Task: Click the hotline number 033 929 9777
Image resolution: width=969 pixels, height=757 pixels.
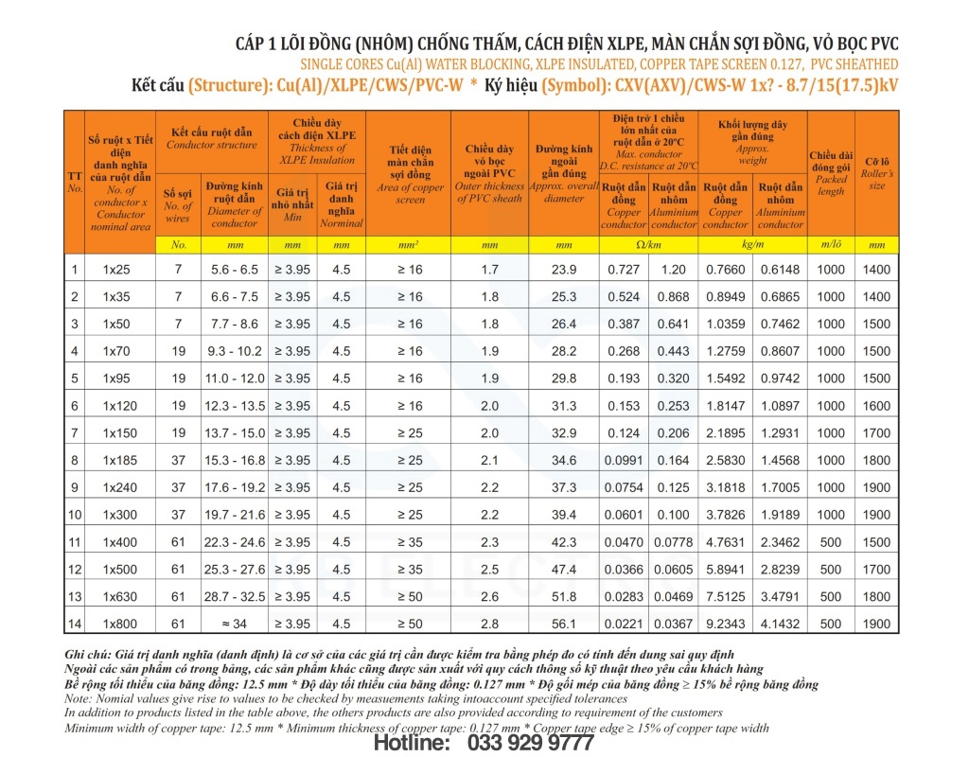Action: tap(530, 744)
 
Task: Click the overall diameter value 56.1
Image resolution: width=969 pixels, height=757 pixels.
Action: tap(564, 625)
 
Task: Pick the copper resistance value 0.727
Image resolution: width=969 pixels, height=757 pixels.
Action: tap(624, 270)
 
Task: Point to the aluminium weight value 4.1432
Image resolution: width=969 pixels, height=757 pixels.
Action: tap(781, 625)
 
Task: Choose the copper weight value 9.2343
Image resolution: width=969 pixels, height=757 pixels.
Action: tap(726, 625)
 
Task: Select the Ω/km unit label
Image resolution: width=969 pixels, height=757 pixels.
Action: tap(648, 245)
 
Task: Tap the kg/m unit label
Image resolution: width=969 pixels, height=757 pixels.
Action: tap(752, 245)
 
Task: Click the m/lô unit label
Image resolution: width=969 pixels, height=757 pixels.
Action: tap(831, 245)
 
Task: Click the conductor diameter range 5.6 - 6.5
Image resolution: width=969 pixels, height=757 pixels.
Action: tap(234, 270)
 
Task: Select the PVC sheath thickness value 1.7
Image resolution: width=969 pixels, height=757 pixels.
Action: tap(489, 270)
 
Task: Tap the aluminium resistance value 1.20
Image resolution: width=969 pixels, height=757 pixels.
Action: tap(674, 270)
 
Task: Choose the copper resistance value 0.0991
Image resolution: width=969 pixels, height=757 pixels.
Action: tap(624, 461)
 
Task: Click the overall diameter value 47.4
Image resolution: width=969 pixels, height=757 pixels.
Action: tap(564, 570)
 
